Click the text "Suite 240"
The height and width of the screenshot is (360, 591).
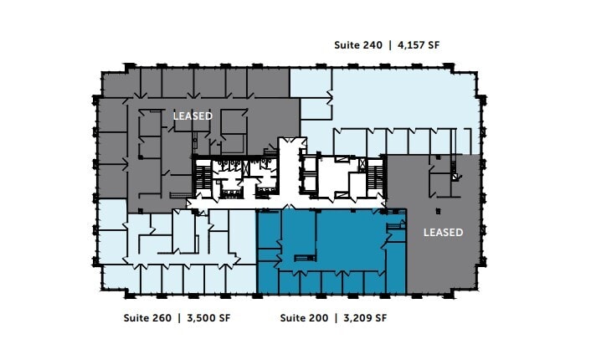click(357, 45)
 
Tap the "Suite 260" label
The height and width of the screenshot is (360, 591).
click(147, 318)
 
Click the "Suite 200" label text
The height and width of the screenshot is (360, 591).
click(303, 318)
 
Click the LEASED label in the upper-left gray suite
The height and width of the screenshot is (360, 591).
click(193, 116)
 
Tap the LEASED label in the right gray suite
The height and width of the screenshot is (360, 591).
click(443, 232)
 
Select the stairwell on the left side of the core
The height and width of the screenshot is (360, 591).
click(202, 178)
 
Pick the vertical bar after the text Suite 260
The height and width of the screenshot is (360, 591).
click(178, 318)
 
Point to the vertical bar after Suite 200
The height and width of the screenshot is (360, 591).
click(334, 318)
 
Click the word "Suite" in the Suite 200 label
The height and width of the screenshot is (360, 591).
click(293, 318)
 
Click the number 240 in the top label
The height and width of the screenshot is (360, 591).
click(372, 45)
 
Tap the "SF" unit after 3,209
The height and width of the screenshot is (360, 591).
click(380, 318)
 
